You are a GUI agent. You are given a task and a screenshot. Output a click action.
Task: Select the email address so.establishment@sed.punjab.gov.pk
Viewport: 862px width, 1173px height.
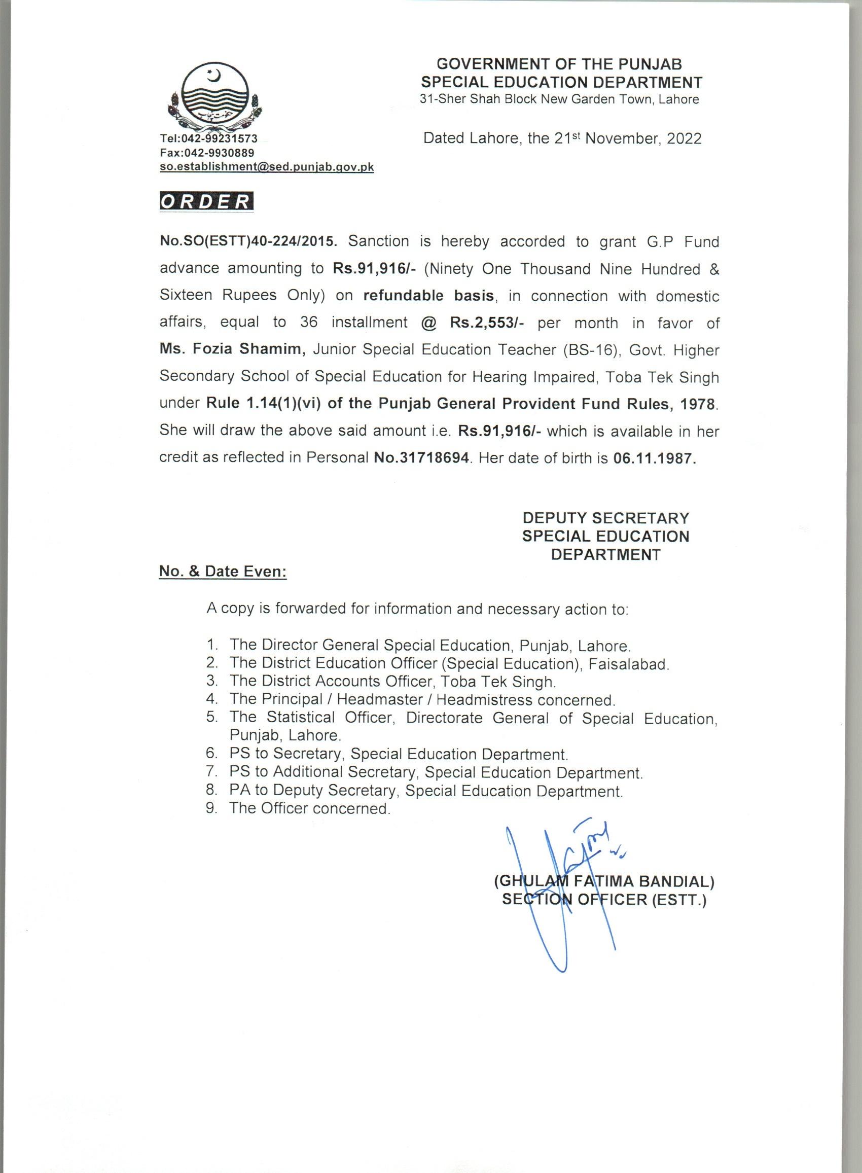tap(267, 167)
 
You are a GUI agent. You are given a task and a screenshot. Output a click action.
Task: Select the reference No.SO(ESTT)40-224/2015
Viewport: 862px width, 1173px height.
tap(249, 241)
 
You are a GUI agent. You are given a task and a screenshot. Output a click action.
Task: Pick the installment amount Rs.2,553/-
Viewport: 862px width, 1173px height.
tap(487, 323)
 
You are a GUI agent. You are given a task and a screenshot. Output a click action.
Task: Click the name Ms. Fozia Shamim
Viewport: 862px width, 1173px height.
tap(233, 349)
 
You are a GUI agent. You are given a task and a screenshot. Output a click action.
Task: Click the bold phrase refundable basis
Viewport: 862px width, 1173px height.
tap(428, 295)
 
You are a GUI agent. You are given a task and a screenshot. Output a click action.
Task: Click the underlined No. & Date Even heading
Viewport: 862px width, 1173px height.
tap(223, 572)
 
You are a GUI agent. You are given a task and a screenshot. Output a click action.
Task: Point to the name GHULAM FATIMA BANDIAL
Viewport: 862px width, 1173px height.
tap(604, 882)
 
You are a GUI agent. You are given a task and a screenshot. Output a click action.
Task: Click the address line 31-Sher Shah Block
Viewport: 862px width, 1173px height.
tap(559, 99)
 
